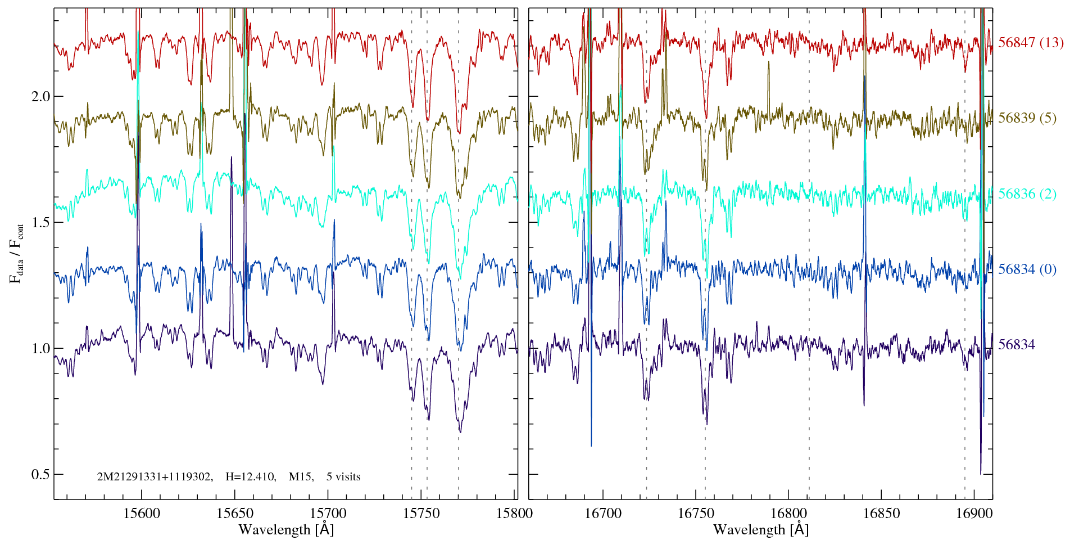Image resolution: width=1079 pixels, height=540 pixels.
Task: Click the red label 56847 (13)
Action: point(1031,43)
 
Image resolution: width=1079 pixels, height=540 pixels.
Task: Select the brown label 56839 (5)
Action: point(1027,118)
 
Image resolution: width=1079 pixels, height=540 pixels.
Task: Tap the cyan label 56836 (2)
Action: point(1027,194)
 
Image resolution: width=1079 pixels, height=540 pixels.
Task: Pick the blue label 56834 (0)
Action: point(1027,269)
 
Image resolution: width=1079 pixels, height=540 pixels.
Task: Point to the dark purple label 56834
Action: point(1017,345)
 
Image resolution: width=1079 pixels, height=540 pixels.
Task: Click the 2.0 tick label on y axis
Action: point(40,96)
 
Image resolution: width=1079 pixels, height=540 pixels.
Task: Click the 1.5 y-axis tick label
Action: point(40,222)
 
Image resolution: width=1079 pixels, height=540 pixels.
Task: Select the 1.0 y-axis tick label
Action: point(40,348)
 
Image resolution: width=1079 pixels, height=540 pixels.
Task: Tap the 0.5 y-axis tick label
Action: point(40,474)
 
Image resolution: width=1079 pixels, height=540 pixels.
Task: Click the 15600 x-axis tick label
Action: point(141,514)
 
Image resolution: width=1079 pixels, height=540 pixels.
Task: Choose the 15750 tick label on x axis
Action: point(422,514)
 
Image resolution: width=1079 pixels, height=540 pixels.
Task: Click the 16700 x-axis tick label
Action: point(603,514)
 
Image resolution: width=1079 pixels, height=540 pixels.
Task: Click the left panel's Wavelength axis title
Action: point(286,529)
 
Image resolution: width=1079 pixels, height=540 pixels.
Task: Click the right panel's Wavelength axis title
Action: point(761,529)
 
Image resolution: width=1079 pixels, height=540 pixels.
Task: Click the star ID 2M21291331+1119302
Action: point(155,477)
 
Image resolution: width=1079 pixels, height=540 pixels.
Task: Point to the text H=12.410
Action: point(250,477)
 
